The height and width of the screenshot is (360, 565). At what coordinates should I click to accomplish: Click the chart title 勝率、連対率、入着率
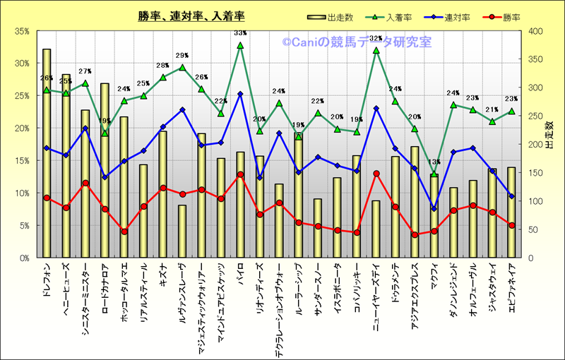[191, 16]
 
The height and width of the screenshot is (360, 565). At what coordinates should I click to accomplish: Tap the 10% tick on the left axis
[20, 193]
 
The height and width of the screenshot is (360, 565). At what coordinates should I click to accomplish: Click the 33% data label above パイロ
[240, 32]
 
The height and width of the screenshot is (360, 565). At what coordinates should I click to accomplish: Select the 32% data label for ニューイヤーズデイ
[376, 39]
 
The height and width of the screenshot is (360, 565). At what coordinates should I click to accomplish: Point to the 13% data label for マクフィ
[434, 162]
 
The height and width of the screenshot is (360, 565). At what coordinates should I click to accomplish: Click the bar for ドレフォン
[47, 152]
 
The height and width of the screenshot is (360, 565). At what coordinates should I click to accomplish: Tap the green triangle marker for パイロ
[240, 45]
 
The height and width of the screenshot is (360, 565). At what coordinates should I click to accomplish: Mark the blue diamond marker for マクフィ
[434, 209]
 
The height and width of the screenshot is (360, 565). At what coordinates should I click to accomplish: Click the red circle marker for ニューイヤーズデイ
[376, 174]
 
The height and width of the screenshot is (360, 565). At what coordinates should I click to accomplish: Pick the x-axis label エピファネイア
[511, 289]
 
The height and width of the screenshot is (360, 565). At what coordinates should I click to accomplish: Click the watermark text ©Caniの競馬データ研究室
[357, 42]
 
